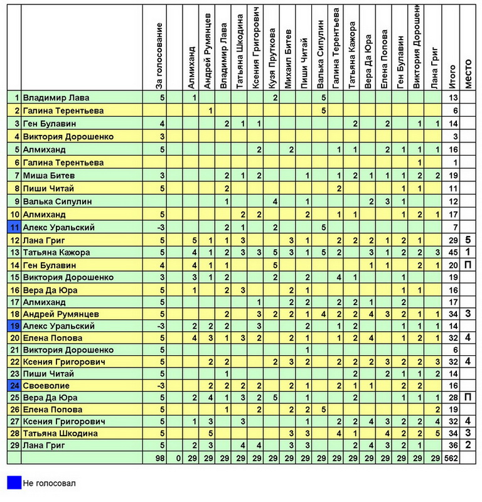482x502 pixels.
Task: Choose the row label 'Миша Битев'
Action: tap(46, 175)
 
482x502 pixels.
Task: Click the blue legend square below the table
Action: tap(14, 483)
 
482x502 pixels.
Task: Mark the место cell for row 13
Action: tap(468, 252)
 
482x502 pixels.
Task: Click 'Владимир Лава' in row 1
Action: tap(56, 98)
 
